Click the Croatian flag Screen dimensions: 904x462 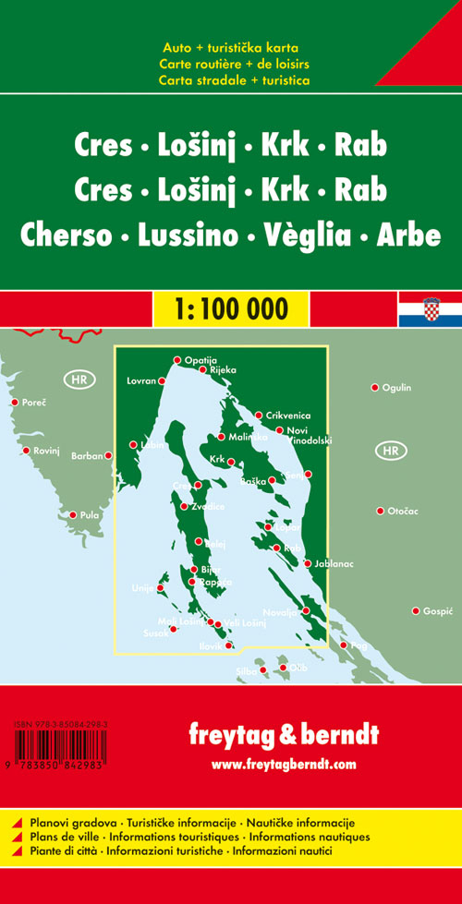pos(430,310)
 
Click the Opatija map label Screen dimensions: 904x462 pos(201,360)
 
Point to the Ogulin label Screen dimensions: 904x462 pos(396,388)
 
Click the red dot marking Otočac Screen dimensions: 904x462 pos(380,511)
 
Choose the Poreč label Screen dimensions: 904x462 pos(34,403)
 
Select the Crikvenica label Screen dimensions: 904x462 pos(285,416)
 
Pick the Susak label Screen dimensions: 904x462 pos(157,633)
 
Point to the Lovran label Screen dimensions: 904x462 pos(140,380)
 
